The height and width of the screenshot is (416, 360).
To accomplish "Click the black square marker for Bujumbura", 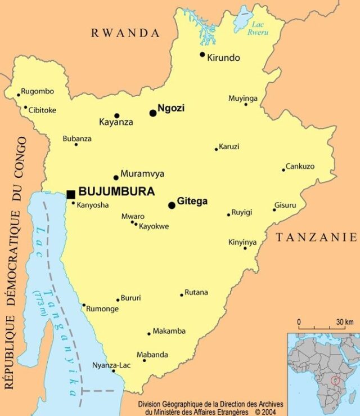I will [x=71, y=194].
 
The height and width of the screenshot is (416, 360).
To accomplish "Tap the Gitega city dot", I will [x=172, y=205].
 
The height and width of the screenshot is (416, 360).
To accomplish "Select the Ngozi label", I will [x=171, y=108].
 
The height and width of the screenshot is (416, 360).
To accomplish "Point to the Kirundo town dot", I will [x=202, y=54].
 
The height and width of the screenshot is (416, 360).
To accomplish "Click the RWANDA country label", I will [x=125, y=33].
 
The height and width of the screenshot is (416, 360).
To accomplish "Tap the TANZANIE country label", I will [x=316, y=237].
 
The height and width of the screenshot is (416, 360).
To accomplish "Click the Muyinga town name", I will [x=242, y=99].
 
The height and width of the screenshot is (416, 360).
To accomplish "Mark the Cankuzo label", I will [x=300, y=166].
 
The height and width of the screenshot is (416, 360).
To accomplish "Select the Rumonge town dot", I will [x=84, y=306].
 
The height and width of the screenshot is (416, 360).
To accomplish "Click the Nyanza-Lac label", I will [x=111, y=365].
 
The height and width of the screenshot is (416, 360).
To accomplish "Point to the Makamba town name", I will [x=169, y=331].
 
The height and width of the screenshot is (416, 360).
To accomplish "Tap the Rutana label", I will [x=196, y=292].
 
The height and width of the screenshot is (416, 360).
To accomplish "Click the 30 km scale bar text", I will [x=345, y=322].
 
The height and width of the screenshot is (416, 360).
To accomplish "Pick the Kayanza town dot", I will [x=117, y=115].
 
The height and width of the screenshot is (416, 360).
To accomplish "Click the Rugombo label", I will [x=38, y=91].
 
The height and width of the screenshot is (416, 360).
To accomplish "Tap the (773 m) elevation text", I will [x=40, y=303].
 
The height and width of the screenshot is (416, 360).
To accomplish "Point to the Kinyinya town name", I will [x=242, y=242].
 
